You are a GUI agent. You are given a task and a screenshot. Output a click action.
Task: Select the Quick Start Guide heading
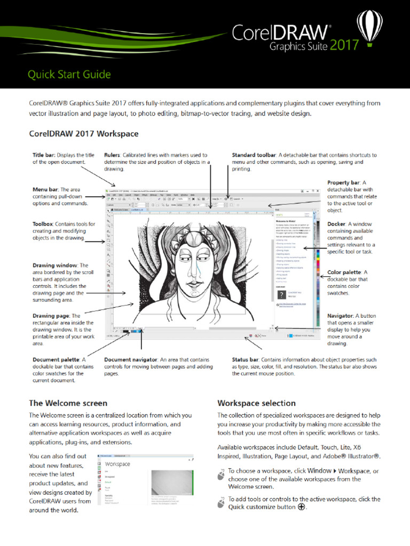[69, 74]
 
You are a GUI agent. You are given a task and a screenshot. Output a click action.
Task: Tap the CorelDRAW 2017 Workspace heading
[84, 133]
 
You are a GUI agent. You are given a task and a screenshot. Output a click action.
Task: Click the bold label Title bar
[48, 155]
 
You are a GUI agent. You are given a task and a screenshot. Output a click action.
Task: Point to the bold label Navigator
[340, 316]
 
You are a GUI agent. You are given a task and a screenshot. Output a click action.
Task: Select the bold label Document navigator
[131, 360]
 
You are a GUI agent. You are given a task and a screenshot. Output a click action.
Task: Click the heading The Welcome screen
[68, 403]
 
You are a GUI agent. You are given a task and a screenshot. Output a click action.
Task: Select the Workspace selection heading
[256, 403]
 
